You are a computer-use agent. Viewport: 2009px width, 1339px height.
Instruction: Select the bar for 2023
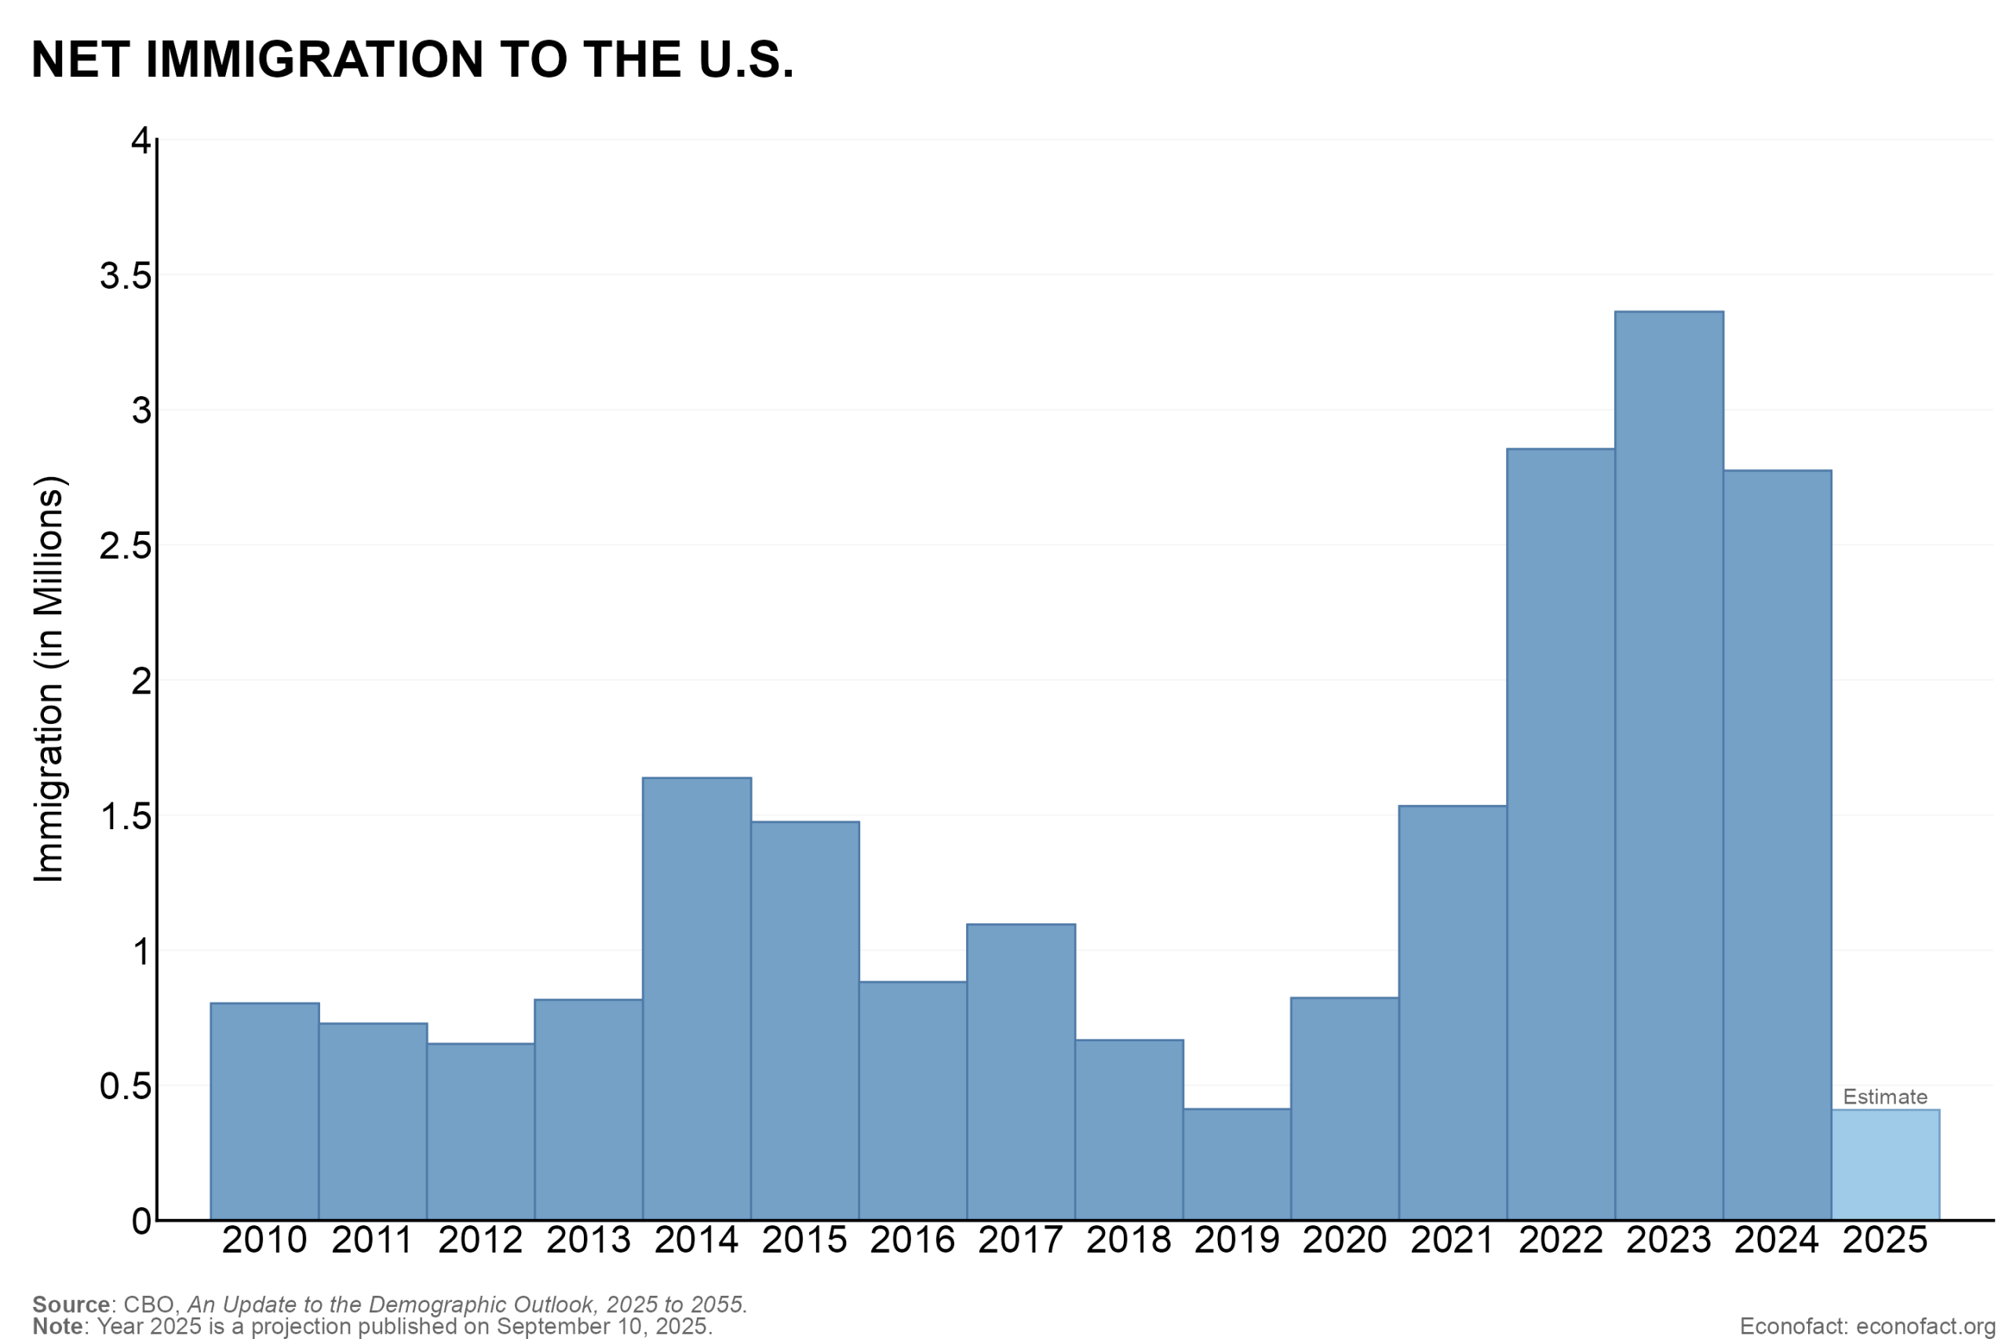click(1669, 766)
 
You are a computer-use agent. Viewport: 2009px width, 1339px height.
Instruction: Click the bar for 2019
click(1237, 1164)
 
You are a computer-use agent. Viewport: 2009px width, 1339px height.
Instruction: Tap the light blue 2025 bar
click(1885, 1165)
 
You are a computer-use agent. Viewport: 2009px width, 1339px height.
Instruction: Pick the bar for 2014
click(697, 999)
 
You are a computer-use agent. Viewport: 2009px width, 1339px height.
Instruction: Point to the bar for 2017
click(1021, 1072)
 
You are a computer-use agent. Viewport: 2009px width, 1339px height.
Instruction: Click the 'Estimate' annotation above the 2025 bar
click(1885, 1097)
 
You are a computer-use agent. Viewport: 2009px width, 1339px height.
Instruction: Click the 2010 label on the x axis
click(264, 1240)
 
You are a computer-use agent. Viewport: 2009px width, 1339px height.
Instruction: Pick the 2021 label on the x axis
click(1453, 1240)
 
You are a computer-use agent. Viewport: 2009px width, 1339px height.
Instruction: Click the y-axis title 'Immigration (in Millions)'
click(49, 679)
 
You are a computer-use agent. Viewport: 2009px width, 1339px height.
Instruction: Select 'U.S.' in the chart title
click(746, 59)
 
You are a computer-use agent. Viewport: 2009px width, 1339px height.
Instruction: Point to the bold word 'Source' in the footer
click(71, 1304)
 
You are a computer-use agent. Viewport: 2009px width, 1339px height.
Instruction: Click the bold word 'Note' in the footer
click(58, 1326)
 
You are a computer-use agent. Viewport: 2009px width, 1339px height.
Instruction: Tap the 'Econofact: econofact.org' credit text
click(1867, 1326)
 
